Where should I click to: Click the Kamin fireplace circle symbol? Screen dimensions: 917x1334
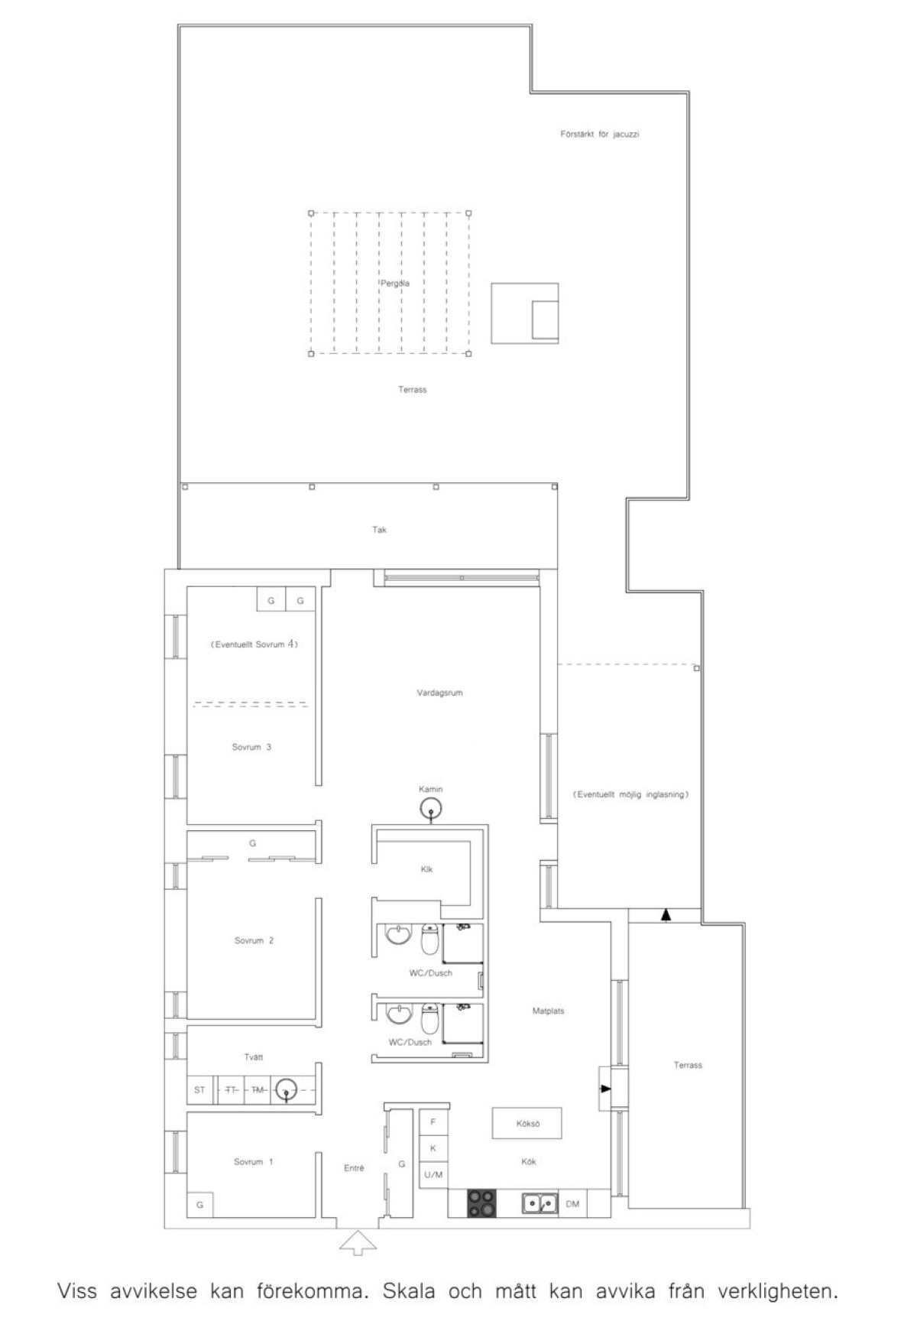coord(431,807)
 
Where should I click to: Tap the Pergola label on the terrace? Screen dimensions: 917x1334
coord(394,284)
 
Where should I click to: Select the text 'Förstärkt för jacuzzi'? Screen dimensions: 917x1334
coord(600,135)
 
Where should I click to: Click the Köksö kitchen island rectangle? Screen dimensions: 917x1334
coord(527,1124)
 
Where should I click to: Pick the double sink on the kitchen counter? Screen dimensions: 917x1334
coord(540,1204)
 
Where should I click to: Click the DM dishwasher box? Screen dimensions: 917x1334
coord(572,1204)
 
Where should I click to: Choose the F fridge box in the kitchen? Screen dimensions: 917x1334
coord(433,1122)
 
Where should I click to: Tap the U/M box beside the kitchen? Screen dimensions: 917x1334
coord(433,1174)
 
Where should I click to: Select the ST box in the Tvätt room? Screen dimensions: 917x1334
coord(200,1090)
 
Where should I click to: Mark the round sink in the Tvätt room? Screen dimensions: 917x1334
coord(286,1089)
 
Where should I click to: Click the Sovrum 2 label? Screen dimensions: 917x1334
coord(254,941)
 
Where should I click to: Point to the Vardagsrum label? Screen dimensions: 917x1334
coord(439,693)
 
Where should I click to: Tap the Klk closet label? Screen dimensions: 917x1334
coord(427,869)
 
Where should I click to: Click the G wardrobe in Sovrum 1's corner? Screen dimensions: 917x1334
coord(200,1205)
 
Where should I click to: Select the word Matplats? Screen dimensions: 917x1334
coord(548,1011)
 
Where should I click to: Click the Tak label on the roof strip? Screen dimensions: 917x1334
coord(379,530)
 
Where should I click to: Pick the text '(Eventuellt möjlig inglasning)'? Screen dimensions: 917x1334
coord(630,795)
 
